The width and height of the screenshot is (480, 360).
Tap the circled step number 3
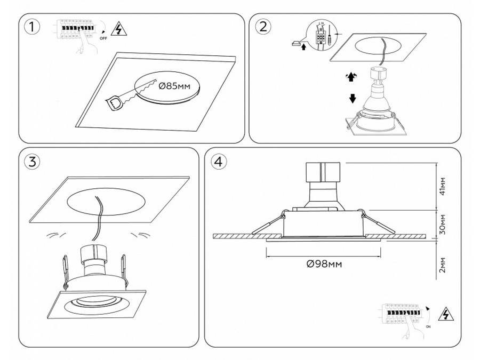coord(33,162)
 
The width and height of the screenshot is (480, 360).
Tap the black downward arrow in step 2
coord(353,99)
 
